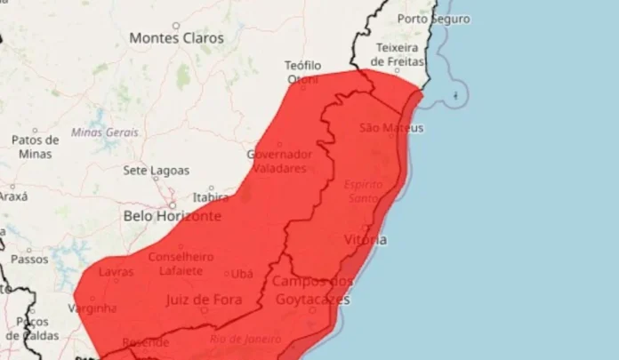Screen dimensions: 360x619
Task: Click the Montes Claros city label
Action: (176, 38)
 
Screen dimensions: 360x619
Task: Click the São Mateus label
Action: (391, 128)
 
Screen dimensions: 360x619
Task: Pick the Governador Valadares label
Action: (279, 160)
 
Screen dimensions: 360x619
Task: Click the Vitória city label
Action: (365, 240)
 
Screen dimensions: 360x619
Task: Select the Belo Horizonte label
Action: (173, 216)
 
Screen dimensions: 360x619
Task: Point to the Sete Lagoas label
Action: (157, 170)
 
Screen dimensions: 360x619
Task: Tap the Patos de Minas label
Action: (36, 147)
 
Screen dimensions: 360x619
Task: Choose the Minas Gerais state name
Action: (105, 132)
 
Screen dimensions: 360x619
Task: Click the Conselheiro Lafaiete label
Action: (181, 264)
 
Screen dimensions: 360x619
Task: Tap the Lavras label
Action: (117, 272)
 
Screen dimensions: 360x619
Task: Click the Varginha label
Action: (92, 308)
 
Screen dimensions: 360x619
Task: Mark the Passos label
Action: (29, 260)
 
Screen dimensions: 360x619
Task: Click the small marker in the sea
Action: (456, 94)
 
